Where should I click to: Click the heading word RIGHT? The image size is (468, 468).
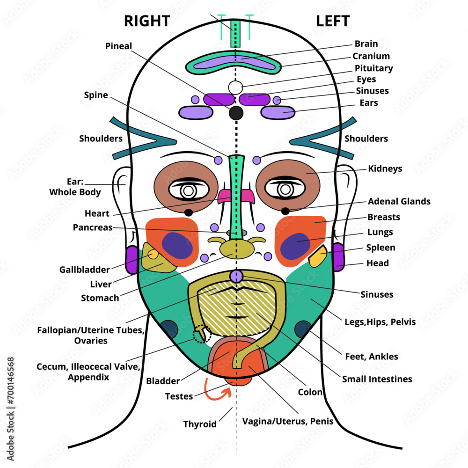pyautogui.click(x=146, y=21)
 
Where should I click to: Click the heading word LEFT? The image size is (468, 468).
pyautogui.click(x=332, y=21)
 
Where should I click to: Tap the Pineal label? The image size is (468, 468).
pyautogui.click(x=118, y=46)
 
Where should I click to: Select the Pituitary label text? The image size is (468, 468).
pyautogui.click(x=373, y=68)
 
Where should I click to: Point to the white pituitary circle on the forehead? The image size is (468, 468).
pyautogui.click(x=236, y=87)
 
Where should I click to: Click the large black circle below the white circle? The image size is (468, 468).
pyautogui.click(x=236, y=113)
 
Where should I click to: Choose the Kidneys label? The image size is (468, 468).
pyautogui.click(x=385, y=168)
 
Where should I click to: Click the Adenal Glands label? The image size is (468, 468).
pyautogui.click(x=399, y=201)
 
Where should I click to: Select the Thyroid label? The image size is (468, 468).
pyautogui.click(x=200, y=424)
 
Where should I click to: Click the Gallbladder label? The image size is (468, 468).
pyautogui.click(x=84, y=270)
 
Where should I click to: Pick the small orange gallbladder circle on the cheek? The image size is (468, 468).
pyautogui.click(x=153, y=254)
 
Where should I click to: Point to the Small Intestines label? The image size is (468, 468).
pyautogui.click(x=377, y=379)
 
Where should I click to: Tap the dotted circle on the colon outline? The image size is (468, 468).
pyautogui.click(x=202, y=334)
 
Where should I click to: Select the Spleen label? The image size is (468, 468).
pyautogui.click(x=380, y=248)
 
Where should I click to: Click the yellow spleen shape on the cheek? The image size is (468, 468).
pyautogui.click(x=318, y=256)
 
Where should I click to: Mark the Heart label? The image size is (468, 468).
pyautogui.click(x=97, y=213)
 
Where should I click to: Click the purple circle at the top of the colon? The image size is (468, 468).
pyautogui.click(x=236, y=276)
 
